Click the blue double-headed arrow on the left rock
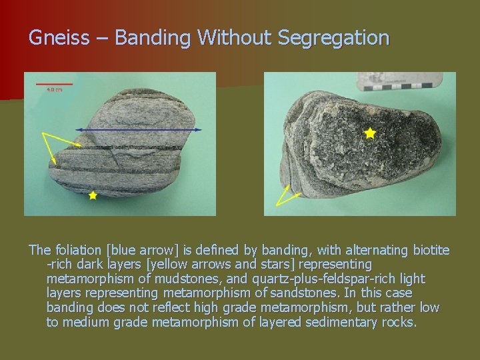(x=139, y=129)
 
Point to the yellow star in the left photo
(x=93, y=196)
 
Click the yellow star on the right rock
(x=370, y=133)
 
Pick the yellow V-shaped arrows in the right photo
(x=287, y=194)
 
